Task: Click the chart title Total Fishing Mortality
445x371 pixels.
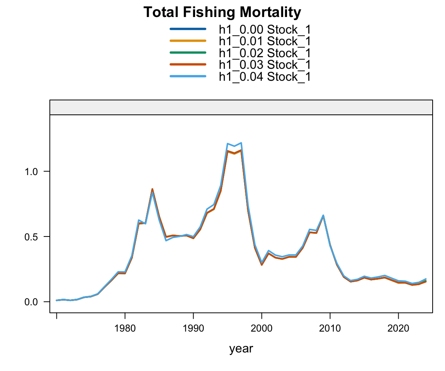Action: (222, 13)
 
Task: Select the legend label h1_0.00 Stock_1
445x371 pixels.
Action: (265, 30)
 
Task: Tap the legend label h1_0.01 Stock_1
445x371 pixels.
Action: (265, 41)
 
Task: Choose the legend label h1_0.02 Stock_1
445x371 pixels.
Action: (265, 53)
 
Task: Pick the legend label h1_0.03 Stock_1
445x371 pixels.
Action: (265, 64)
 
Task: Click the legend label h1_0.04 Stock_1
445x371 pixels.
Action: (265, 76)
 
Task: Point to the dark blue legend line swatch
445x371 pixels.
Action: (188, 29)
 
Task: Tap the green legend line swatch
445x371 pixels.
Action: (188, 52)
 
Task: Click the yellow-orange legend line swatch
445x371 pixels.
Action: (188, 41)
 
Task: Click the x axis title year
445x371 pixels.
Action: (241, 349)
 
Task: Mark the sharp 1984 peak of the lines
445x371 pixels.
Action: (152, 190)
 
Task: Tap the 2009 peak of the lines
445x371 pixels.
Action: (323, 216)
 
